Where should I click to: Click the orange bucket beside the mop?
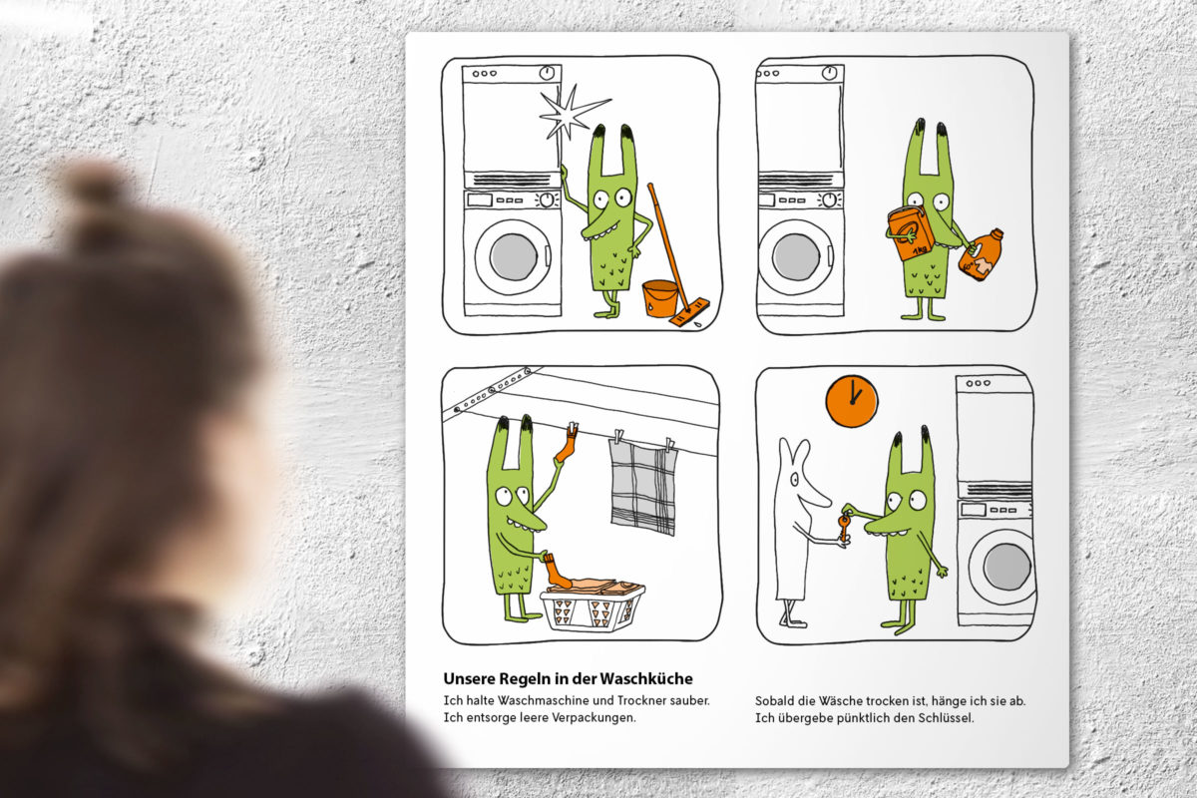[x=660, y=298]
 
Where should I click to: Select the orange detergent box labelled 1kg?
[x=910, y=233]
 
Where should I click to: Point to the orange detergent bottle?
[x=981, y=254]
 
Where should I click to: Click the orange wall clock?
[x=852, y=401]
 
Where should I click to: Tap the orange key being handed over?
[x=844, y=527]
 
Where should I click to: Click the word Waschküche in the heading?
[x=646, y=679]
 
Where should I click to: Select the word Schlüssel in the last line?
[x=946, y=718]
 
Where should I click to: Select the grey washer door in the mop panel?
[x=514, y=256]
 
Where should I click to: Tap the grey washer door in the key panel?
[x=1007, y=567]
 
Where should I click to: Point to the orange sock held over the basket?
[x=557, y=571]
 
